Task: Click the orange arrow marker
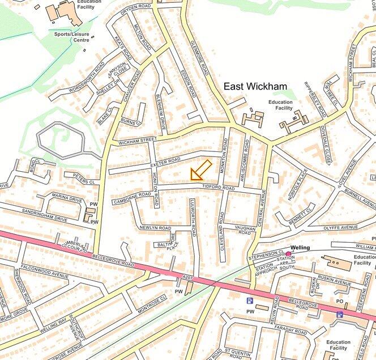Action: point(200,170)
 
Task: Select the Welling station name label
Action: point(301,247)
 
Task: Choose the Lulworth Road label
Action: point(193,223)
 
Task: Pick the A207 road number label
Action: point(188,276)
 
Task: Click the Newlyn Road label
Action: point(156,227)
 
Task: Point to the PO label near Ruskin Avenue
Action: point(340,302)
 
